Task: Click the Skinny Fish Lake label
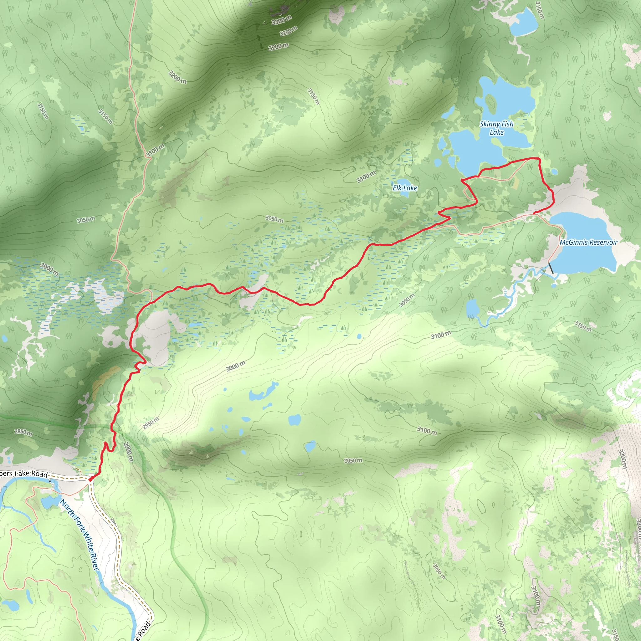[x=496, y=128]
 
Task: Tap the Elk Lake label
[x=405, y=188]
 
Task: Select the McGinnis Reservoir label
[x=588, y=243]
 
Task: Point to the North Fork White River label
[x=79, y=535]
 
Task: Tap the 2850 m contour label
[x=23, y=433]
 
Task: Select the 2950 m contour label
[x=151, y=423]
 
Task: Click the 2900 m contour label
[x=128, y=452]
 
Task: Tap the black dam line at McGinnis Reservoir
[x=551, y=268]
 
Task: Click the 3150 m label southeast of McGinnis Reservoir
[x=583, y=326]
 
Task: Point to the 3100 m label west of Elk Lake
[x=366, y=177]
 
